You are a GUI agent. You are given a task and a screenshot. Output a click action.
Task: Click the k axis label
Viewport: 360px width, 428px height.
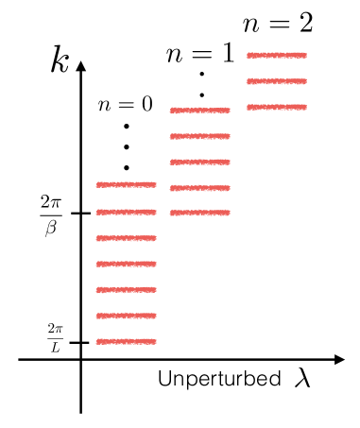[60, 64]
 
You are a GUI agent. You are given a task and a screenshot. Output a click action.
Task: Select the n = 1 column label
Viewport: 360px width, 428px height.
[199, 54]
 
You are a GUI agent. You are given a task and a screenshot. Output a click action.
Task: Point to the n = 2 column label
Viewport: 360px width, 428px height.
[277, 23]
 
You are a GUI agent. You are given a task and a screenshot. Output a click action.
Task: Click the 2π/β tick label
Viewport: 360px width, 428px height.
[51, 214]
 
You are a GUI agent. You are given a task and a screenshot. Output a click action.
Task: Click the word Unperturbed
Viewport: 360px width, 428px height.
[217, 380]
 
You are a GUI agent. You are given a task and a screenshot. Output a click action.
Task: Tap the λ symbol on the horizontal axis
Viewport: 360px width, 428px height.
[301, 378]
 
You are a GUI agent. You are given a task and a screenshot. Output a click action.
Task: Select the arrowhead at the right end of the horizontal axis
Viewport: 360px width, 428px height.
[339, 359]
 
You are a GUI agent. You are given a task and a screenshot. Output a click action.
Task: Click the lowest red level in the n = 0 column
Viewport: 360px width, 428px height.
[126, 341]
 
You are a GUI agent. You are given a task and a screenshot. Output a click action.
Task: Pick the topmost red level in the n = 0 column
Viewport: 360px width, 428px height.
[126, 184]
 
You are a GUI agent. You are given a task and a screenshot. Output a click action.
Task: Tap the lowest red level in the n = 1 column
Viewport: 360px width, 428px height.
[199, 213]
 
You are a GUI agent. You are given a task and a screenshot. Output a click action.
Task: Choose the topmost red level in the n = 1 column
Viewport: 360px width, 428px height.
[199, 111]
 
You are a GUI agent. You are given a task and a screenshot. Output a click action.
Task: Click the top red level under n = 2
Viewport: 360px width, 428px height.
[277, 55]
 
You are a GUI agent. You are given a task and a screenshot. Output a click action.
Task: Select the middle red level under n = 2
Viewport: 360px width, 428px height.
[277, 81]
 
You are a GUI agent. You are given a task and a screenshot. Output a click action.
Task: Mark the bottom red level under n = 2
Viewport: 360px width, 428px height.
[277, 107]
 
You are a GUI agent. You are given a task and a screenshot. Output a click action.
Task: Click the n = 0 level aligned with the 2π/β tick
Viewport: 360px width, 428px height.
[126, 213]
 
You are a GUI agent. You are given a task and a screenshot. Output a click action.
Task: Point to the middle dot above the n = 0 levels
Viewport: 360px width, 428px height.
[126, 146]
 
